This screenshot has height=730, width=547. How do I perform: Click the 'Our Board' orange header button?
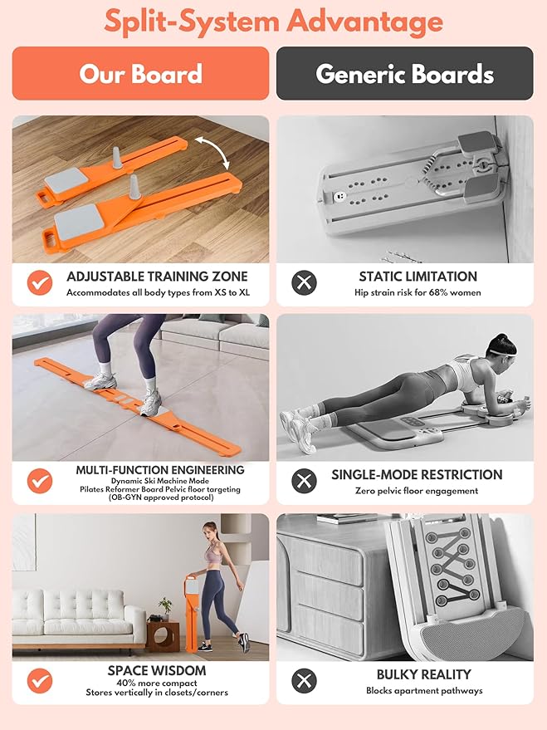140,73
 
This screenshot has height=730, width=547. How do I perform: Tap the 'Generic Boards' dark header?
405,73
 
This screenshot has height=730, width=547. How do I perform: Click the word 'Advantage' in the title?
364,22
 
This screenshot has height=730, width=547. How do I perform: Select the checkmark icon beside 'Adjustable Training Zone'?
40,282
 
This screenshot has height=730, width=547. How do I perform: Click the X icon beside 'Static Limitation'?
304,282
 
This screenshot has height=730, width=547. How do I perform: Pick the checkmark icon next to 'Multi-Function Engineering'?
40,481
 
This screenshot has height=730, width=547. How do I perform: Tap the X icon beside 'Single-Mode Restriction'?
304,481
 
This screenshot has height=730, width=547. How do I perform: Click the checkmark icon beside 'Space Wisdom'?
40,681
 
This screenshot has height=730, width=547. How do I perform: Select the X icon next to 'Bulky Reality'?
304,681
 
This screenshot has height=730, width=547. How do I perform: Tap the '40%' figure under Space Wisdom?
125,683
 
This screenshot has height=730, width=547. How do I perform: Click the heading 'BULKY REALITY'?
424,674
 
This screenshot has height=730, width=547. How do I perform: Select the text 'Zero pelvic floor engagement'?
417,491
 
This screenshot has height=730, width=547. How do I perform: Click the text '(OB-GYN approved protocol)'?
160,497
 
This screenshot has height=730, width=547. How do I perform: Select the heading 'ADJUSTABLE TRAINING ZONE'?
157,277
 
